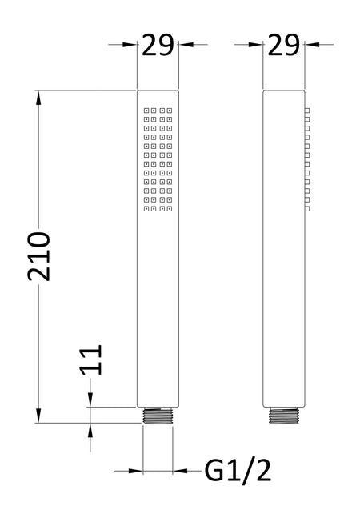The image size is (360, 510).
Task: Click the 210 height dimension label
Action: (39, 256)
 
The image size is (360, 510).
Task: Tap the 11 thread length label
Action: (91, 359)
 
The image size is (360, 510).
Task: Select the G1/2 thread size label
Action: (238, 471)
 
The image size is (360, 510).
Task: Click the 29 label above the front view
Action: (158, 45)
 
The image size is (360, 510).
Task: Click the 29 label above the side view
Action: (284, 45)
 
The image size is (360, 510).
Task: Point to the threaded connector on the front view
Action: (158, 416)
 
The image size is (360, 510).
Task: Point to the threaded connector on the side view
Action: (284, 416)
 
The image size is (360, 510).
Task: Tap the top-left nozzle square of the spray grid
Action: (146, 110)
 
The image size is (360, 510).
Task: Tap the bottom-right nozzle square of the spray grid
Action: (170, 208)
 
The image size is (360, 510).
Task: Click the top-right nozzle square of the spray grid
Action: (170, 110)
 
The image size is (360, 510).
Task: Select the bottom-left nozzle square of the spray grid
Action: (146, 208)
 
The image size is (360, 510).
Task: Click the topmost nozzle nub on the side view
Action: (307, 110)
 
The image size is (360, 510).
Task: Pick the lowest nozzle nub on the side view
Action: (307, 208)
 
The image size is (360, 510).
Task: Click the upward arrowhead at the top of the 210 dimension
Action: (38, 98)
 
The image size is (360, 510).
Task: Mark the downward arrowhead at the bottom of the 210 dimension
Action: (38, 416)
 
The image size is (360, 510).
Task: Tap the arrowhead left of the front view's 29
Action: (130, 45)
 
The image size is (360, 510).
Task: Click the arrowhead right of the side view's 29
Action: (311, 45)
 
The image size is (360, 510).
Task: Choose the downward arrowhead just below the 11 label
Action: (90, 400)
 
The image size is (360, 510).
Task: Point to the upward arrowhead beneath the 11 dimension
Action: (90, 430)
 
